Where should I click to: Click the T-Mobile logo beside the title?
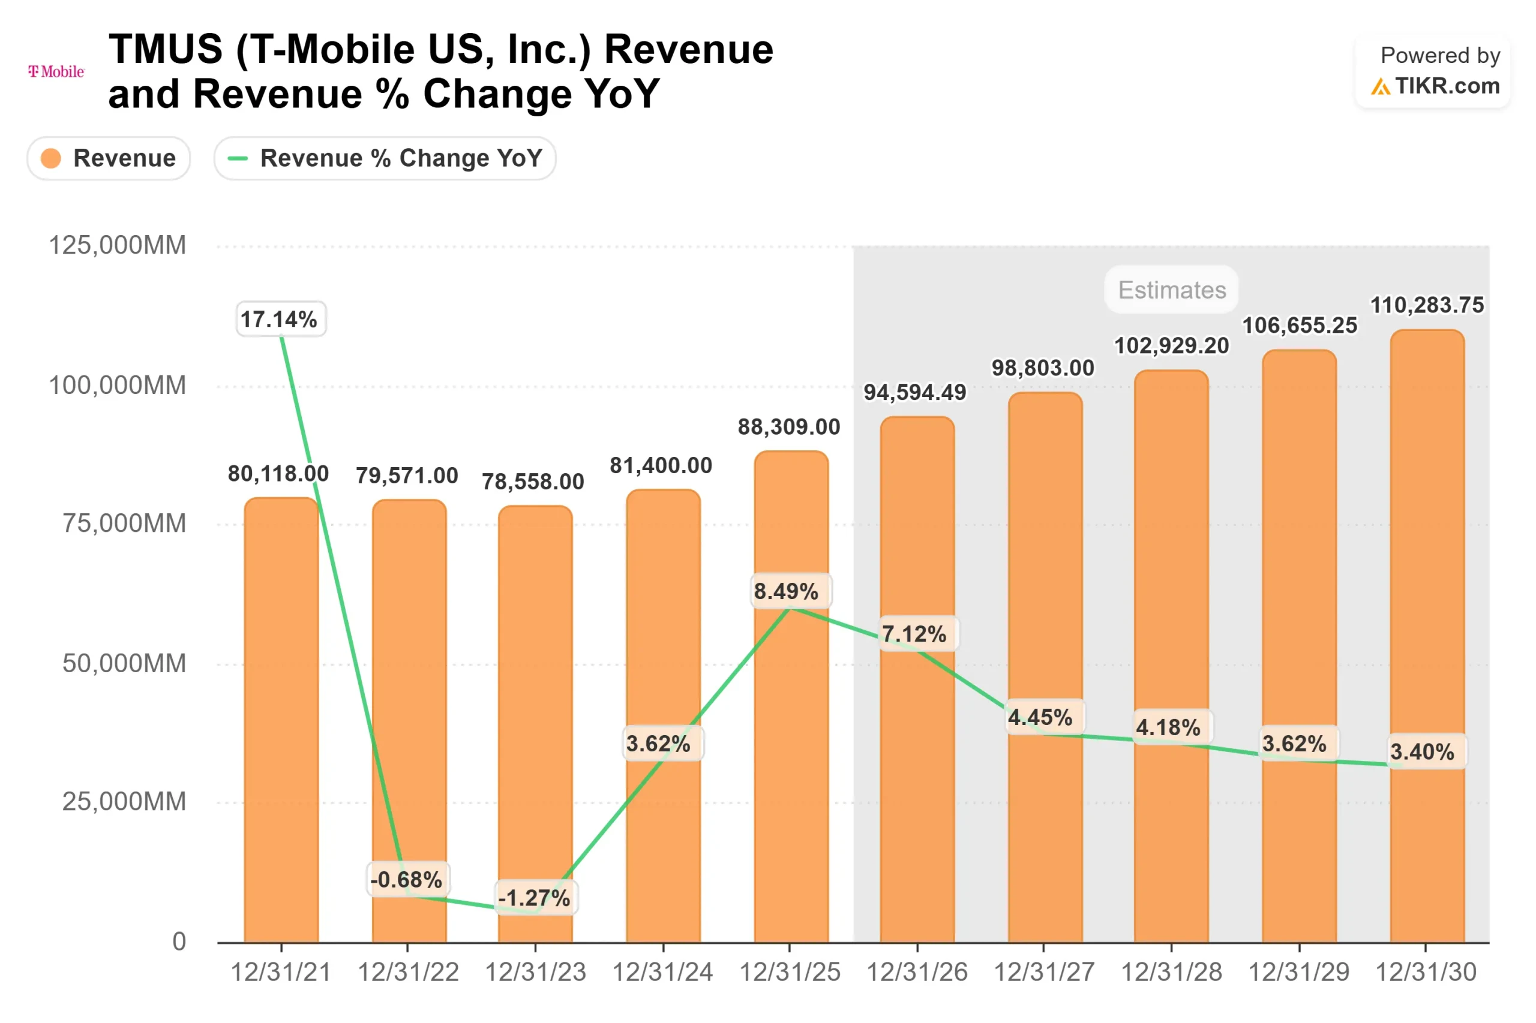(56, 71)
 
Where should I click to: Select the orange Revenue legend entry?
(109, 158)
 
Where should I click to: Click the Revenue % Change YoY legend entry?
(385, 158)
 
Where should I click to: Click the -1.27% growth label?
(535, 898)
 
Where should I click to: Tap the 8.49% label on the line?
(788, 591)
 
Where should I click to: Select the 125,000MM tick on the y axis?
(118, 245)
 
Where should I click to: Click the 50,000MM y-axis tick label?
(124, 664)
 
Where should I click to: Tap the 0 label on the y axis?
(179, 941)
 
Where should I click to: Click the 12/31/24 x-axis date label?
(662, 972)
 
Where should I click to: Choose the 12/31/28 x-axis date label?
(1171, 972)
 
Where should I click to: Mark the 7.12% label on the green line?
(914, 633)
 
